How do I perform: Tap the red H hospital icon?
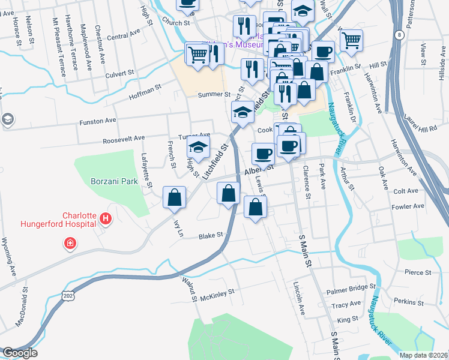(106, 218)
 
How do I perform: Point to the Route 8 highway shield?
(399, 35)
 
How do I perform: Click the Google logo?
(20, 353)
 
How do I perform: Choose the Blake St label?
(211, 236)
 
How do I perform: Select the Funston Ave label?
(98, 121)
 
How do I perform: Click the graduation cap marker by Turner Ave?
(198, 147)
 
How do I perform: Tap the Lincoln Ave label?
(296, 298)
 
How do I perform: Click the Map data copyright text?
(423, 355)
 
